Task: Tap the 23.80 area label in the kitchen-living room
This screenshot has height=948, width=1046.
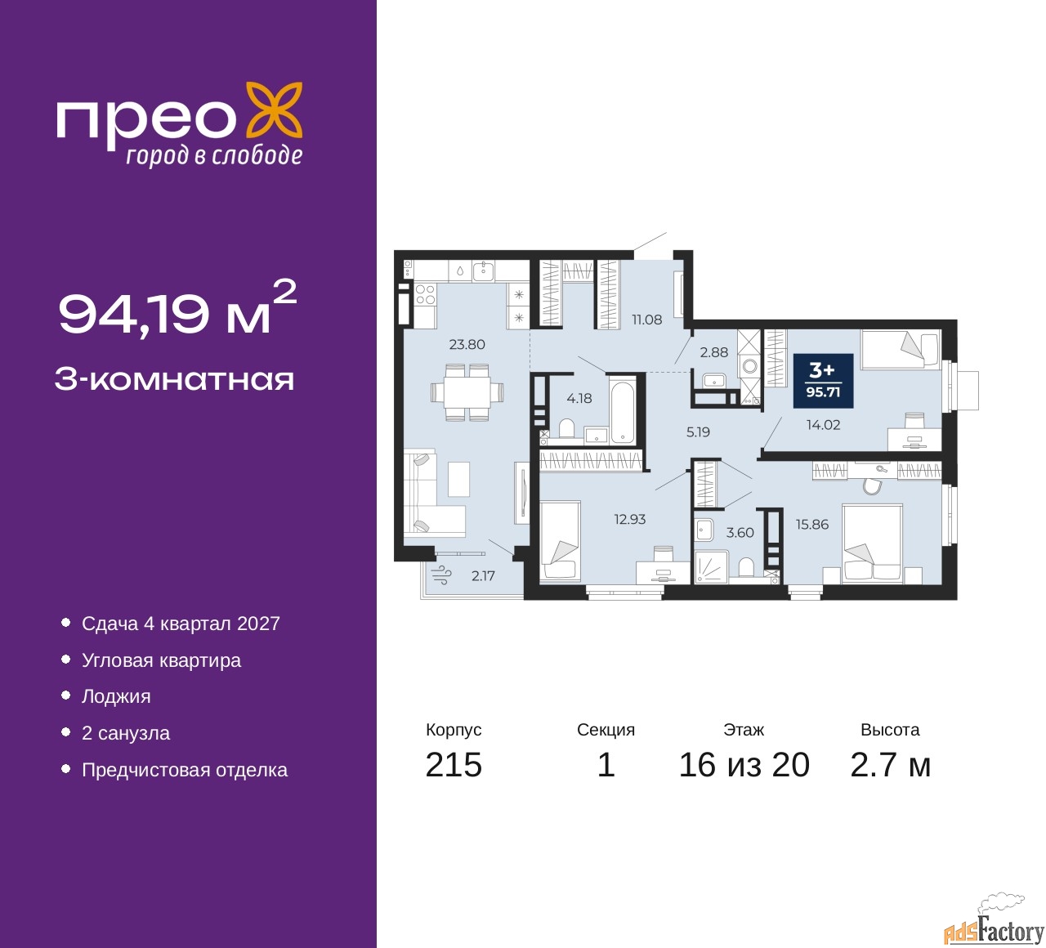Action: (467, 345)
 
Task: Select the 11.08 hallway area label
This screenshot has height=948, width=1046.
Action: (646, 320)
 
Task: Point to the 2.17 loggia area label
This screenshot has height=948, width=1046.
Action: (483, 576)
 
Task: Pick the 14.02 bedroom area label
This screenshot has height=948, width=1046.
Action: (823, 425)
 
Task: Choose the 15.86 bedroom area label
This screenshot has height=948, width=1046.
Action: (812, 525)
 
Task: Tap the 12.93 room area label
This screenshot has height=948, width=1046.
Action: (630, 520)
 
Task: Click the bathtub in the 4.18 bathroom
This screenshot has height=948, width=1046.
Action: (622, 410)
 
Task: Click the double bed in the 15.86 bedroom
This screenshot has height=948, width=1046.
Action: (872, 543)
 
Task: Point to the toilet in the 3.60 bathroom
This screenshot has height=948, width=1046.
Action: (745, 566)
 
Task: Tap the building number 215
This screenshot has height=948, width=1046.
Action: (454, 765)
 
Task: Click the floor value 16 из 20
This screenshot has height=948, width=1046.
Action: (744, 765)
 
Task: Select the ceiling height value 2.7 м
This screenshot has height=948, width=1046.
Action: (890, 765)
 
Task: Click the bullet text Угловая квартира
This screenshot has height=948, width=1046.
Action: (161, 660)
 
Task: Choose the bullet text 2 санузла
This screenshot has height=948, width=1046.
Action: (126, 733)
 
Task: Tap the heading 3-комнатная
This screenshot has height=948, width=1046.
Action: (174, 379)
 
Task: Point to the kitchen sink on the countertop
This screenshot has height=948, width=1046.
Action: (484, 270)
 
